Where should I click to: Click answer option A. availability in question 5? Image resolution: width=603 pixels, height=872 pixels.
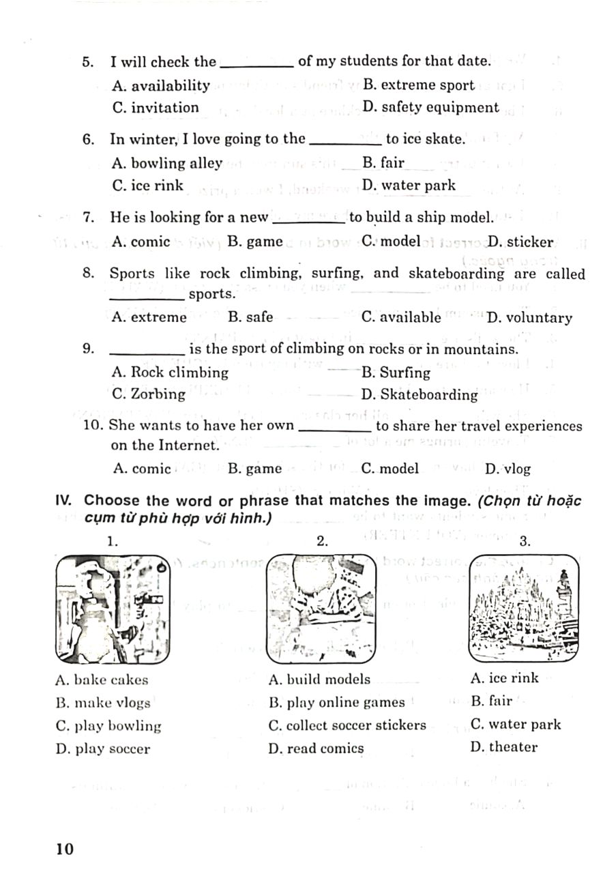click(161, 85)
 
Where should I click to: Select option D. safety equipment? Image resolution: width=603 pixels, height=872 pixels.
click(430, 107)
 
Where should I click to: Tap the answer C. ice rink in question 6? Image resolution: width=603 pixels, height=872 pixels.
click(147, 186)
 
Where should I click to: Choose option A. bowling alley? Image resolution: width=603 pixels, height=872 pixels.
click(166, 163)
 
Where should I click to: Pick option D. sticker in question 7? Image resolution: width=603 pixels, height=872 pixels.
click(520, 242)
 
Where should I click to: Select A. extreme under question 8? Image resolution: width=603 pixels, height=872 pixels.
click(149, 317)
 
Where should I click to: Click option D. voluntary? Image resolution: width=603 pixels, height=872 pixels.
click(529, 317)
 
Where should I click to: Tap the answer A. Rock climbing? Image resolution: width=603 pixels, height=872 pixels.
click(170, 373)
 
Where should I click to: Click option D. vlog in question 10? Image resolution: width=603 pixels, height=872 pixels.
click(507, 469)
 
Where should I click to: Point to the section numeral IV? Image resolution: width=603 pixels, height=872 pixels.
click(65, 501)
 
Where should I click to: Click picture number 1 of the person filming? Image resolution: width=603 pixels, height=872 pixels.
click(113, 609)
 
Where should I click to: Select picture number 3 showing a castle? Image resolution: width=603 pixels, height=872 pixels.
click(524, 608)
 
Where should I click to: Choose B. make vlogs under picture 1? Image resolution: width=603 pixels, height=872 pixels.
click(103, 702)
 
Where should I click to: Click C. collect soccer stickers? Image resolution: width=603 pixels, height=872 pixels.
click(347, 725)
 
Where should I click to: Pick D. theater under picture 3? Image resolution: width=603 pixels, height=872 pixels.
click(503, 747)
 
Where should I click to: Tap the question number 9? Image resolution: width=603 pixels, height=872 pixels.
click(87, 349)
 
